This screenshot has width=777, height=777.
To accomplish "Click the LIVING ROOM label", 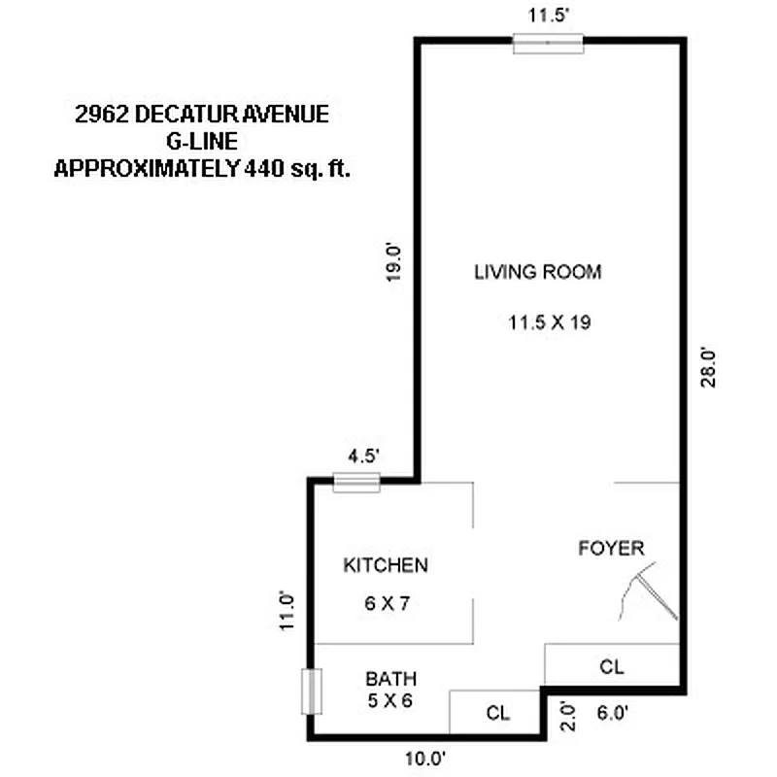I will [x=537, y=272].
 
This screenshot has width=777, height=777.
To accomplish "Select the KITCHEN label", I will [x=386, y=565].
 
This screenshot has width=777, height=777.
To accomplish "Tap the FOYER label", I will [x=611, y=549].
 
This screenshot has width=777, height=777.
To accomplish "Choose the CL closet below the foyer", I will [x=611, y=667].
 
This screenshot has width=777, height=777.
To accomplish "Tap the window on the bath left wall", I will [x=311, y=692].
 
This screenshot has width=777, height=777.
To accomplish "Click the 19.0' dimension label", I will [x=393, y=260].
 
